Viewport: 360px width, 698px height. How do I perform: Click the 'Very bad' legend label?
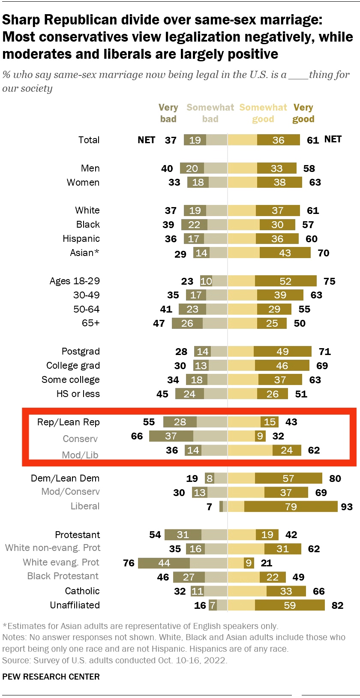168,113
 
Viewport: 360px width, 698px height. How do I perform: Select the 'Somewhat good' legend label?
263,113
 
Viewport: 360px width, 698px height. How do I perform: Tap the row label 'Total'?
89,140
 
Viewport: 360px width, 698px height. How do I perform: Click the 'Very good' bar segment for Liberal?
291,506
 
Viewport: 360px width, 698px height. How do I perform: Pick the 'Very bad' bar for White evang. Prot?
164,563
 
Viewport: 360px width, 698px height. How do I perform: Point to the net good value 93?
347,507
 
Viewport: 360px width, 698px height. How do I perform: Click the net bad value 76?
129,563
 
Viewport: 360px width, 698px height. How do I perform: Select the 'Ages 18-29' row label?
75,281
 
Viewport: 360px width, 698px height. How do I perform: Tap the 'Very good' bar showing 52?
285,281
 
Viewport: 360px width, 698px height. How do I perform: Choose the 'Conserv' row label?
80,439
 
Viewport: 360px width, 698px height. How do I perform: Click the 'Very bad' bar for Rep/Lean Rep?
180,422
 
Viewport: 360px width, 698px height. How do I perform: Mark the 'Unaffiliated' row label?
75,605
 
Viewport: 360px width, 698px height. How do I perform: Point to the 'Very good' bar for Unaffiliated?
290,605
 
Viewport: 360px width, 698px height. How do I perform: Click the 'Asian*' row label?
84,253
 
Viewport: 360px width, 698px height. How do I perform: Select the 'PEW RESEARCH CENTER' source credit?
51,677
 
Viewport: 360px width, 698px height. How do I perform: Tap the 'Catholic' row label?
82,591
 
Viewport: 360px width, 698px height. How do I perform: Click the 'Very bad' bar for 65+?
187,323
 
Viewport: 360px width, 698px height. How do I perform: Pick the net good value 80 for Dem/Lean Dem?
335,478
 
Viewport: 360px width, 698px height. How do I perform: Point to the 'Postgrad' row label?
81,351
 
